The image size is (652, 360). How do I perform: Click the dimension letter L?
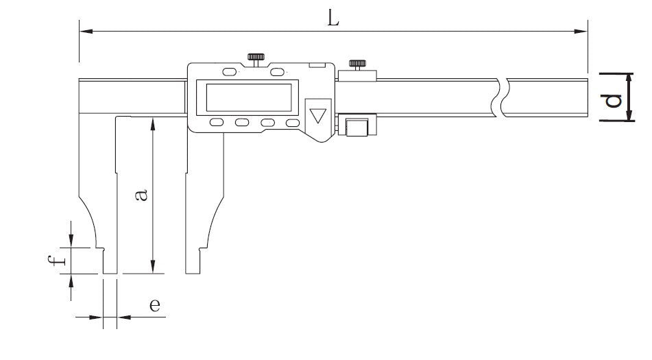(333, 19)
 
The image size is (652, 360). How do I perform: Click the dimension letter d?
(612, 101)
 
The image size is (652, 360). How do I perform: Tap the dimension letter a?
(141, 195)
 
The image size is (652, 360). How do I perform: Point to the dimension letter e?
(155, 305)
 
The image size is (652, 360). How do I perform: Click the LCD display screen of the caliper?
(249, 97)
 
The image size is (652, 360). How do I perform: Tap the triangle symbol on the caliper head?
(318, 115)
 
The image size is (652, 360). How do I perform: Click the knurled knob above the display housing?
(256, 57)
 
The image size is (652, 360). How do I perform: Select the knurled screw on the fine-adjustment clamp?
(357, 64)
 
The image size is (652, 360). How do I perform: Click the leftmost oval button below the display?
(216, 122)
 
